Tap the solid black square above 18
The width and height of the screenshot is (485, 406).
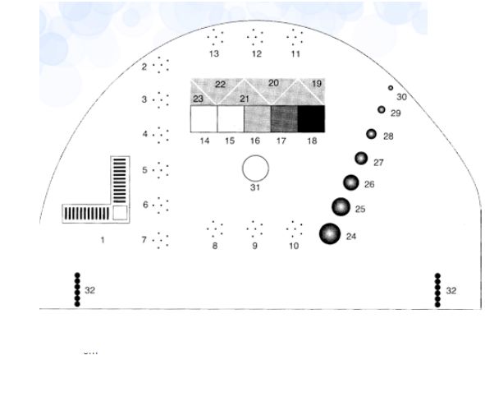312,119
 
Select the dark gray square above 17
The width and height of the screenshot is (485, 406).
284,119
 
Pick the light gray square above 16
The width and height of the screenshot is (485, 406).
258,119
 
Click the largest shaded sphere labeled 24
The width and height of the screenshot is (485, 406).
330,233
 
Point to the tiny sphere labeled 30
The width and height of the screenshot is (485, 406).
391,88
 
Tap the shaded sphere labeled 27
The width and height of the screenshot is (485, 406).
361,159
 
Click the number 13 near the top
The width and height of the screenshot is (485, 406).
214,54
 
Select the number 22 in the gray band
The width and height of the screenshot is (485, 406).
220,84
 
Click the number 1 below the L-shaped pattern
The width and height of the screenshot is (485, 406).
103,240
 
